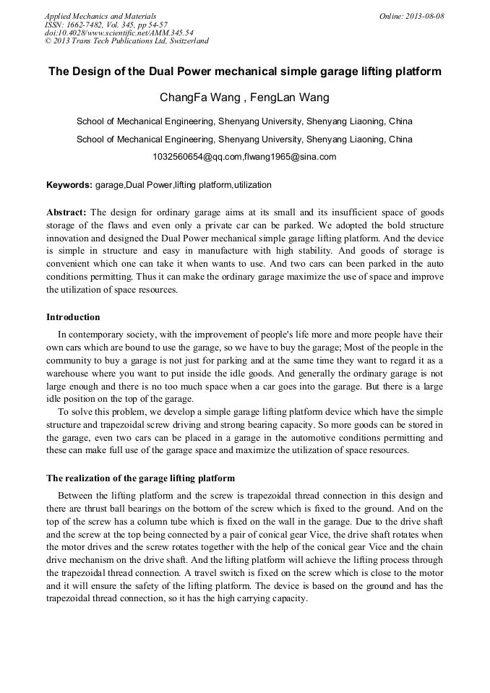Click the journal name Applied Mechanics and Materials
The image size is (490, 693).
[x=100, y=15]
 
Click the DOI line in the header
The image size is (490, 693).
[x=119, y=33]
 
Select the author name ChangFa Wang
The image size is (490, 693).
[x=200, y=98]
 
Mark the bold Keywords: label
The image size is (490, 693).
[x=69, y=185]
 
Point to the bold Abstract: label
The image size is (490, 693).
[x=66, y=212]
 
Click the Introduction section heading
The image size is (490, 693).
[x=73, y=317]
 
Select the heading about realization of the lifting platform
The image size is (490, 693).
[x=140, y=478]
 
